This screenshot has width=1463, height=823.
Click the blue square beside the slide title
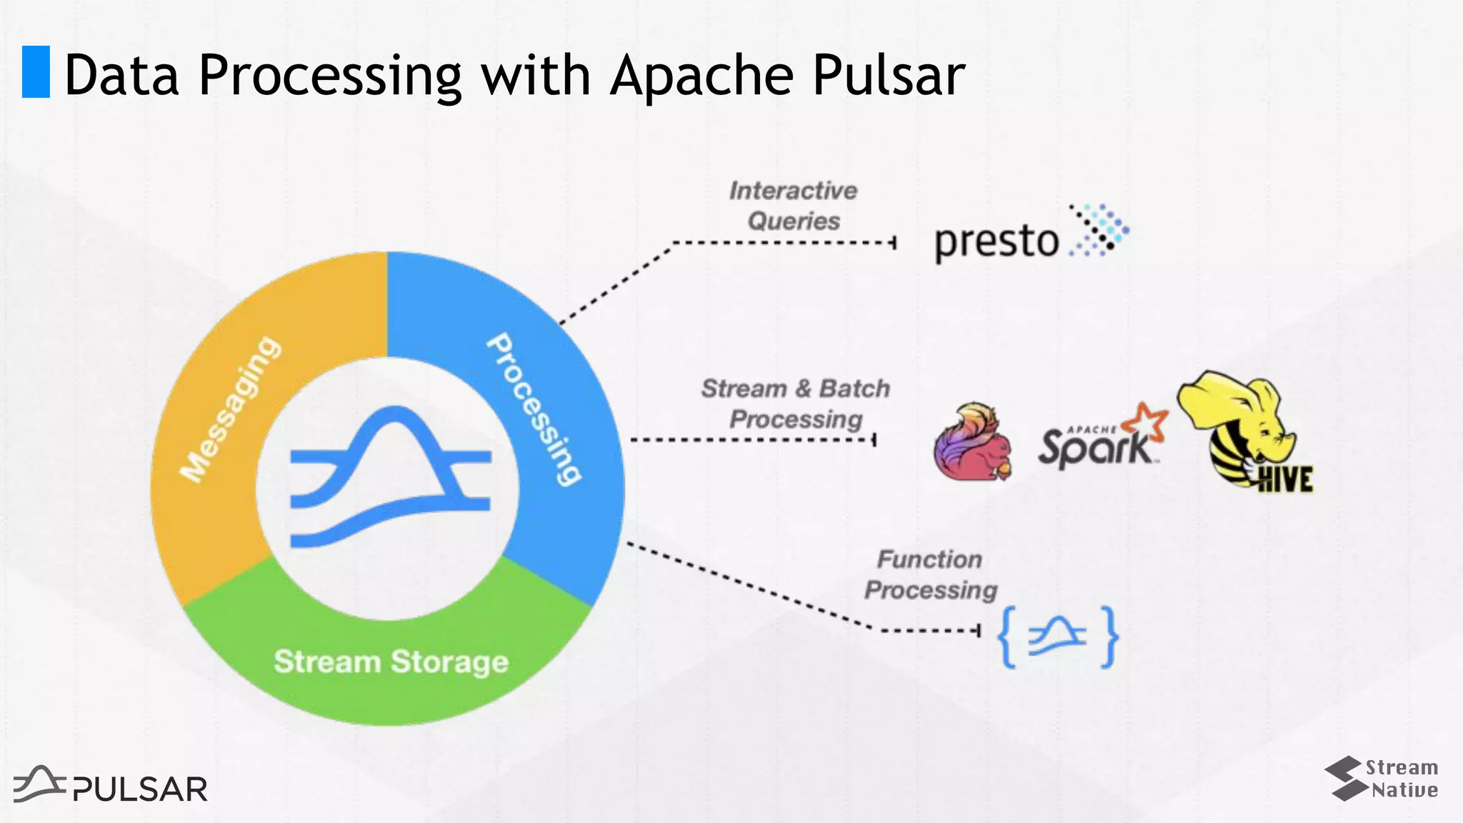tap(36, 71)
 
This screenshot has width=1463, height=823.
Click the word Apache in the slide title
tap(701, 75)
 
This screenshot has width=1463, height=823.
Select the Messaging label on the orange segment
tap(230, 409)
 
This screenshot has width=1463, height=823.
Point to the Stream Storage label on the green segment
tap(391, 662)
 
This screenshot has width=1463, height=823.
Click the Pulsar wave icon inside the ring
tap(390, 477)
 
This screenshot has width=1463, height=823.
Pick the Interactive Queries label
tap(793, 206)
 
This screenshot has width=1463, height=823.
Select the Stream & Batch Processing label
tap(795, 404)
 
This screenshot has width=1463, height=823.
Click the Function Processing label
tap(930, 574)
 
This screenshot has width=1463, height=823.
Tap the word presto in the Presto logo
tap(997, 241)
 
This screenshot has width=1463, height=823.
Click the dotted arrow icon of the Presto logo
tap(1099, 230)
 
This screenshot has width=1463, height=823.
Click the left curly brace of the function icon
tap(1007, 637)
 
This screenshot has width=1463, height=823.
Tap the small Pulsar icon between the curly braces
tap(1057, 637)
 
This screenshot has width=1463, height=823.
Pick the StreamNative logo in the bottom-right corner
tap(1382, 779)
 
